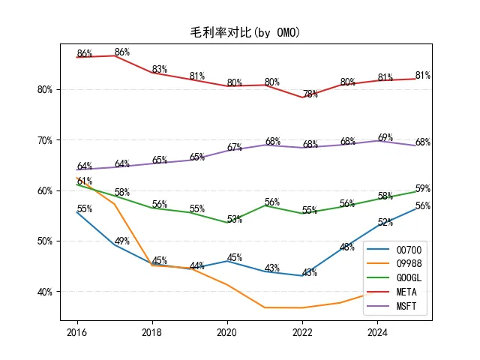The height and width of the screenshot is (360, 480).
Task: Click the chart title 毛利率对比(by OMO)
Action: tap(245, 32)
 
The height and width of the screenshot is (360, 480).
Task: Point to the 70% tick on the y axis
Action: tap(45, 140)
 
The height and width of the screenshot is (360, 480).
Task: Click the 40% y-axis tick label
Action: tap(45, 292)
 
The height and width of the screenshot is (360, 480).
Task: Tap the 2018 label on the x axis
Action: tap(151, 332)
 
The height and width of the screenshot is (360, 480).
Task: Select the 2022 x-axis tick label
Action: tap(302, 332)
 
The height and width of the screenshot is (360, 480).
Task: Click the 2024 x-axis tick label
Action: tap(377, 332)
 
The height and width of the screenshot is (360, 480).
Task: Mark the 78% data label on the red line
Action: tap(310, 94)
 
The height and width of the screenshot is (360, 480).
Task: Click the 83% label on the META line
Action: tap(160, 69)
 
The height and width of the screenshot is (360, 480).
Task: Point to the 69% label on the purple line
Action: tap(385, 137)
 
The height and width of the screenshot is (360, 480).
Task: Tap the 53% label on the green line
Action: tap(235, 219)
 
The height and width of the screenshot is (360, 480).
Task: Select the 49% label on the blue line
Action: tap(121, 241)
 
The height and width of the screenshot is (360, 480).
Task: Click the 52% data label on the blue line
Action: tap(385, 222)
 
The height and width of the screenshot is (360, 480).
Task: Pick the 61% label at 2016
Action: tap(85, 181)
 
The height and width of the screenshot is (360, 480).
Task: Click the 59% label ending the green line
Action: tap(423, 188)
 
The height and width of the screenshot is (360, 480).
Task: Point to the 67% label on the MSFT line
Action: tap(235, 147)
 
